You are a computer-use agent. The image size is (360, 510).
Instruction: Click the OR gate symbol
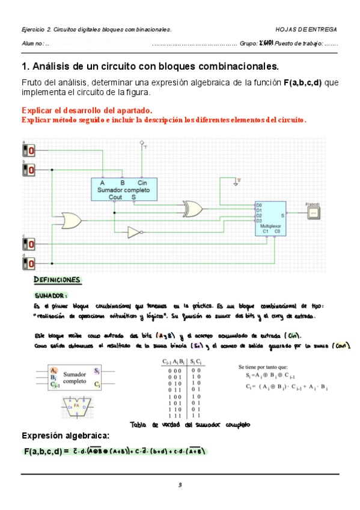coord(71,220)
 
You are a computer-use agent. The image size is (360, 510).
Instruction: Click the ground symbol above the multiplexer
coord(239,179)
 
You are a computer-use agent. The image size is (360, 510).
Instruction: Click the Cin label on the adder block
coord(142,182)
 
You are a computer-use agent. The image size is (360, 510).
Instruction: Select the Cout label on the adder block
coord(115,197)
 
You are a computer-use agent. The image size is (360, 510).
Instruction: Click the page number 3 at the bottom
coord(179,485)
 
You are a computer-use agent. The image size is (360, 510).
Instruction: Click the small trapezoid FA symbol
coord(76,407)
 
